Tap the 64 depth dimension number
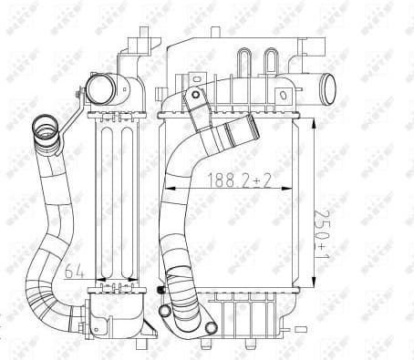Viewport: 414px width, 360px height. (x=78, y=271)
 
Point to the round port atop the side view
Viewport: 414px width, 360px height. (x=100, y=88)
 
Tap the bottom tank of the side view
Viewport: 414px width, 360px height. (x=117, y=314)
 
